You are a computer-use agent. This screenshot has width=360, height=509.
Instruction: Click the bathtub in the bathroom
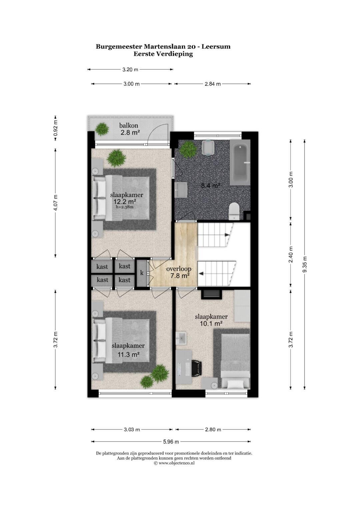pyautogui.click(x=240, y=162)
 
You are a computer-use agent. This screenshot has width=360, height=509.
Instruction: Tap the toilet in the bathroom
pyautogui.click(x=234, y=211)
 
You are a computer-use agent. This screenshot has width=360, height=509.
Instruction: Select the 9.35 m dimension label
pyautogui.click(x=305, y=264)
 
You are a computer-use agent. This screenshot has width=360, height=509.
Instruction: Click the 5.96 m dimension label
pyautogui.click(x=171, y=442)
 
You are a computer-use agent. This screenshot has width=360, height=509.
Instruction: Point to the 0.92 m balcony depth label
pyautogui.click(x=55, y=128)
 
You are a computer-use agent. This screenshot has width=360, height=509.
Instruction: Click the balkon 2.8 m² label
pyautogui.click(x=130, y=129)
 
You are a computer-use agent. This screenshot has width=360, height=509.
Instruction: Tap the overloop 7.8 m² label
pyautogui.click(x=179, y=272)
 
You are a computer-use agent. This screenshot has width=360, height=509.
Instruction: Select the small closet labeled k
pyautogui.click(x=142, y=273)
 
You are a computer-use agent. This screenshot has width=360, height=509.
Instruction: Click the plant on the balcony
pyautogui.click(x=102, y=129)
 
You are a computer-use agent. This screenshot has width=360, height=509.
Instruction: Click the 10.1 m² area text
pyautogui.click(x=211, y=323)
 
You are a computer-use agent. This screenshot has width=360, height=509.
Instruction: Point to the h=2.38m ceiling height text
pyautogui.click(x=125, y=207)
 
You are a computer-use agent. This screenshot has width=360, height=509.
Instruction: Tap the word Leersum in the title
pyautogui.click(x=216, y=47)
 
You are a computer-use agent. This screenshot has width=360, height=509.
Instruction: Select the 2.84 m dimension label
pyautogui.click(x=213, y=84)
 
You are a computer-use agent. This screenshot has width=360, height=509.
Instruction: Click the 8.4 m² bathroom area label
pyautogui.click(x=211, y=186)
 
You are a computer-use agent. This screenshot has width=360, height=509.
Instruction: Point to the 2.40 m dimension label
pyautogui.click(x=291, y=255)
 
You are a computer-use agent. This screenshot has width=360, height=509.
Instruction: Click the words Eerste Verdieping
pyautogui.click(x=163, y=54)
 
